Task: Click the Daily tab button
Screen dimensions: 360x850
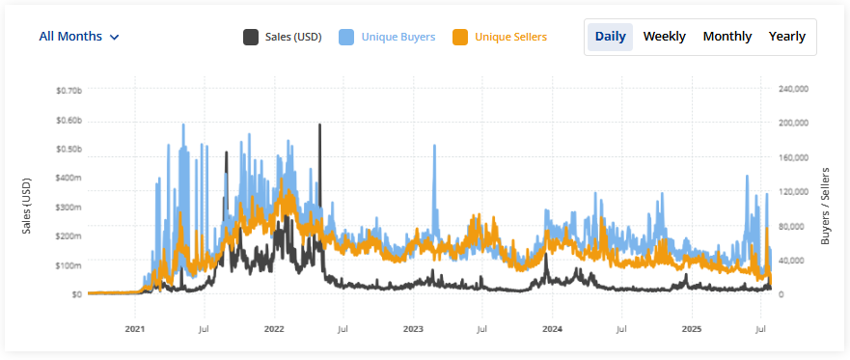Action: coord(610,37)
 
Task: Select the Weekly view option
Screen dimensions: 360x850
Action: coord(665,37)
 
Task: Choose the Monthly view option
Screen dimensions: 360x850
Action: coord(727,37)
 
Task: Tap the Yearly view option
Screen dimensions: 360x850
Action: coord(787,37)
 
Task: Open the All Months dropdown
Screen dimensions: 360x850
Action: coord(79,37)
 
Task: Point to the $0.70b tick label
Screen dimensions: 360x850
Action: coord(69,90)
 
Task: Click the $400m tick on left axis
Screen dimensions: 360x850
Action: coord(69,178)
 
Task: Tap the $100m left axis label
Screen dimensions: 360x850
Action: coord(69,264)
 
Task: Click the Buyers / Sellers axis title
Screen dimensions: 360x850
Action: coord(826,205)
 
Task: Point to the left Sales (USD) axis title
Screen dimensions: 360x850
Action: coord(27,206)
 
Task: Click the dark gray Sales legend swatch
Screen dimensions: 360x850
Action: coord(251,37)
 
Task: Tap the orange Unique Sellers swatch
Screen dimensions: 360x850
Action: coord(461,37)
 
